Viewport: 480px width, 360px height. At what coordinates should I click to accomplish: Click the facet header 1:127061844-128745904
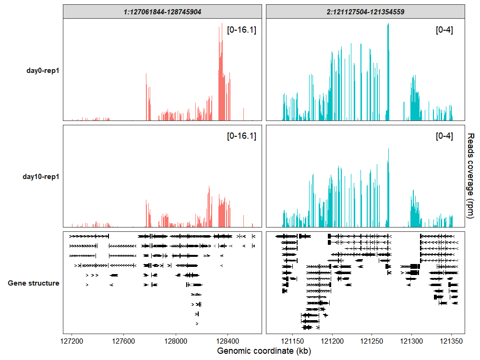tap(162, 12)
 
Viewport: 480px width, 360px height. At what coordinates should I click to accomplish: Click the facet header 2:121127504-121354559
tap(365, 12)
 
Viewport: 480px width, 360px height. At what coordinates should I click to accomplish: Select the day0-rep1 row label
tap(43, 71)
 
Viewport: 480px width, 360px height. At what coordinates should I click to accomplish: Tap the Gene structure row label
tap(34, 283)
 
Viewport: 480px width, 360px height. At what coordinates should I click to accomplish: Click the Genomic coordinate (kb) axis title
tap(264, 351)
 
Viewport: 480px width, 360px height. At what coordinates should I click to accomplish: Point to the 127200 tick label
tap(72, 341)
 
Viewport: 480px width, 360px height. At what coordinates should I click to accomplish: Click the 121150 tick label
tap(292, 341)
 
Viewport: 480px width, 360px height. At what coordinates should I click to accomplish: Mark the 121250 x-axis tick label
tap(372, 341)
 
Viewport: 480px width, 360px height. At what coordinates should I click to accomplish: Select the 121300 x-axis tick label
tap(411, 341)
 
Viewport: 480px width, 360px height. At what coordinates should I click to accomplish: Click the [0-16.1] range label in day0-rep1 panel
tap(241, 30)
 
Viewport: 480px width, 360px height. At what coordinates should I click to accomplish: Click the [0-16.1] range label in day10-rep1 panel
tap(241, 136)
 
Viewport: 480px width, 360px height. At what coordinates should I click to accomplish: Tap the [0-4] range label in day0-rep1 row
tap(444, 30)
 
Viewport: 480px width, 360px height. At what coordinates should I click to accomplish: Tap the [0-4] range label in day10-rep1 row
tap(444, 136)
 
